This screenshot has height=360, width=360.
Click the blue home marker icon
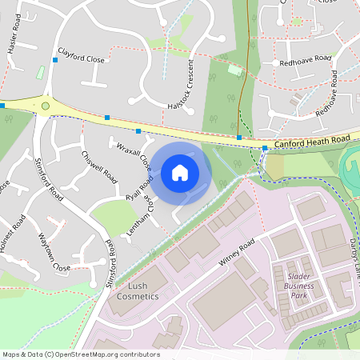click(x=180, y=172)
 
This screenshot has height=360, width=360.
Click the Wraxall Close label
click(x=134, y=158)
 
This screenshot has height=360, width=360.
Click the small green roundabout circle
click(x=46, y=105)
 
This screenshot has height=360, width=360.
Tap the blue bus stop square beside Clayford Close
click(x=55, y=59)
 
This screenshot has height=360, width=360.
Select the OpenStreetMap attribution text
click(x=80, y=354)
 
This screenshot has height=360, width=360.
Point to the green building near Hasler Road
click(x=40, y=73)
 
